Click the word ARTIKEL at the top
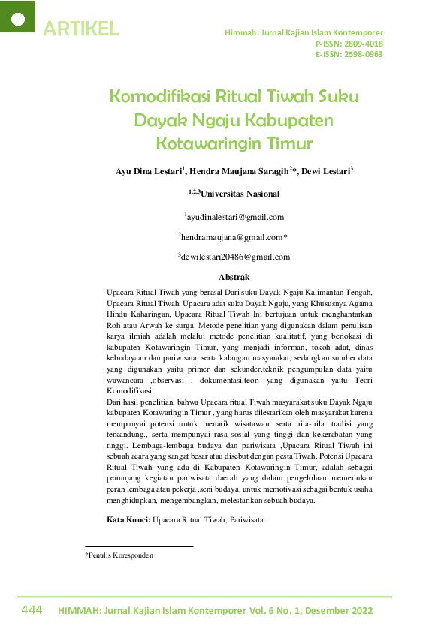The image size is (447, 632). point(81,29)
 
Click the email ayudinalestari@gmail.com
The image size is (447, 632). point(235,217)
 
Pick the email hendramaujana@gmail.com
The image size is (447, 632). point(234,237)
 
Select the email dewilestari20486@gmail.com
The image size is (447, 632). point(235,257)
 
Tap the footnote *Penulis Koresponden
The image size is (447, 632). point(119,555)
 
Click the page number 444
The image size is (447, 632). point(32,610)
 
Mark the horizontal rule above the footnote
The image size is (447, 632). point(139,546)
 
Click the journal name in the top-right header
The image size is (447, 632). point(304,33)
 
